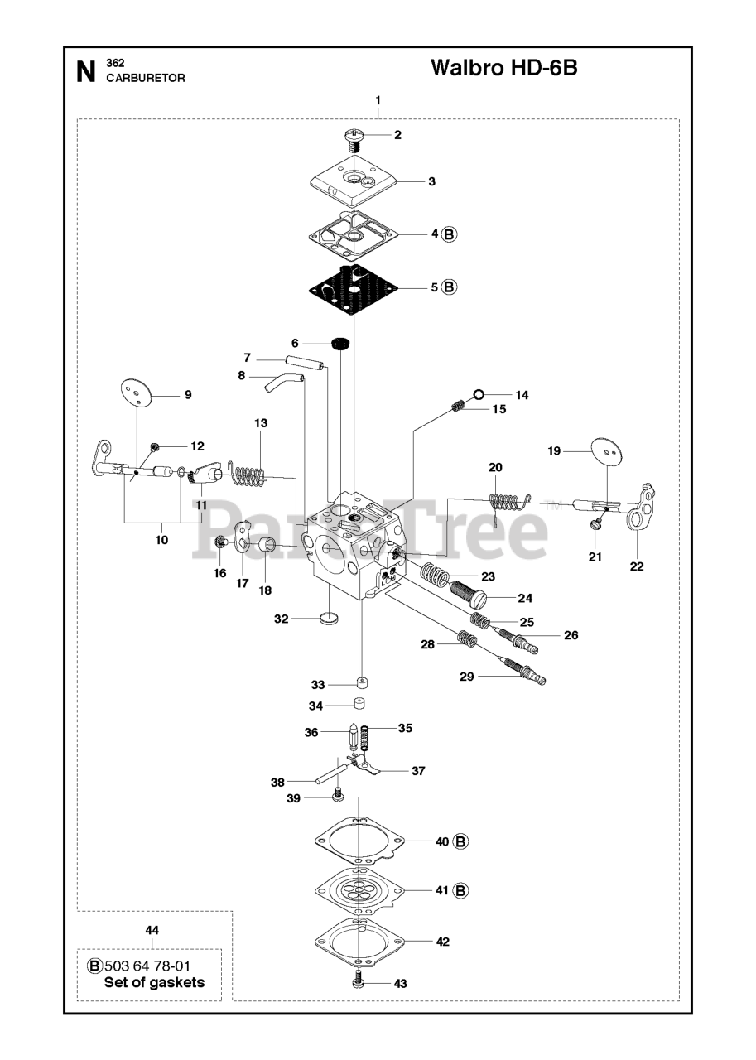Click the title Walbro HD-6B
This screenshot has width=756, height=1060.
pyautogui.click(x=503, y=68)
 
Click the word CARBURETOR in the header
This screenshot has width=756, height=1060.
pyautogui.click(x=145, y=78)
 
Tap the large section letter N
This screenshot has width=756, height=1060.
pyautogui.click(x=85, y=72)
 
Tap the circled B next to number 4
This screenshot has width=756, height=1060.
pyautogui.click(x=450, y=234)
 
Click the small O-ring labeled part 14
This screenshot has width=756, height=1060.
pyautogui.click(x=479, y=394)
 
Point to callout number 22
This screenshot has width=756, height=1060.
pyautogui.click(x=636, y=567)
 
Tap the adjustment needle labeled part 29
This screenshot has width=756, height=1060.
pyautogui.click(x=526, y=672)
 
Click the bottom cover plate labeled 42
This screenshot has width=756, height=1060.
pyautogui.click(x=359, y=942)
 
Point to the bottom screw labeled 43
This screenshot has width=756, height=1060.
pyautogui.click(x=358, y=982)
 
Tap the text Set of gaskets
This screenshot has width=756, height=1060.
pyautogui.click(x=154, y=983)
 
